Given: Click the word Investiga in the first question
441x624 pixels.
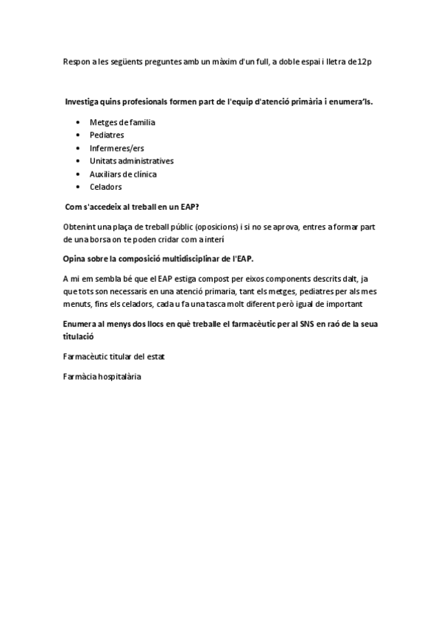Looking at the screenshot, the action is coord(82,100).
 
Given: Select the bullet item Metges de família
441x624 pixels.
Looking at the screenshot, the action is coord(122,122).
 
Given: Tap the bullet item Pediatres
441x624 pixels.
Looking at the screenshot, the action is coord(107,135).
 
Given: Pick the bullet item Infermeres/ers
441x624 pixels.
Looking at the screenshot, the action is coord(117,148).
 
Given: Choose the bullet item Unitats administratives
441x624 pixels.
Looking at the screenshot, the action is coord(132,161).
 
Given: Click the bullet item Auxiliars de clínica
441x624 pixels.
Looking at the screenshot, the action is coord(123,174).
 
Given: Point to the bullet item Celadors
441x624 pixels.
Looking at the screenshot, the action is coord(106,187).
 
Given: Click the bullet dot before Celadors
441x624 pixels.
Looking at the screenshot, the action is coord(78,187).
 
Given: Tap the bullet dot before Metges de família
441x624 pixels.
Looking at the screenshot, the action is coord(78,122).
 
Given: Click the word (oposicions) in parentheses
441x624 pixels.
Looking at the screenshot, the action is coord(216,227).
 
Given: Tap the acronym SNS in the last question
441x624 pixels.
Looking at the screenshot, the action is coord(306,325).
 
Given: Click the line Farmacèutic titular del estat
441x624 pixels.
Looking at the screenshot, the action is coord(114,357).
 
